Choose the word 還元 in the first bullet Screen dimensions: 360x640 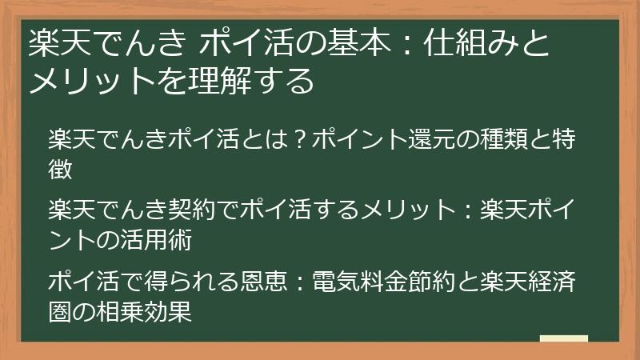tap(416, 141)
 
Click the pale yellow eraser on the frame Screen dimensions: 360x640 tap(564, 338)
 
